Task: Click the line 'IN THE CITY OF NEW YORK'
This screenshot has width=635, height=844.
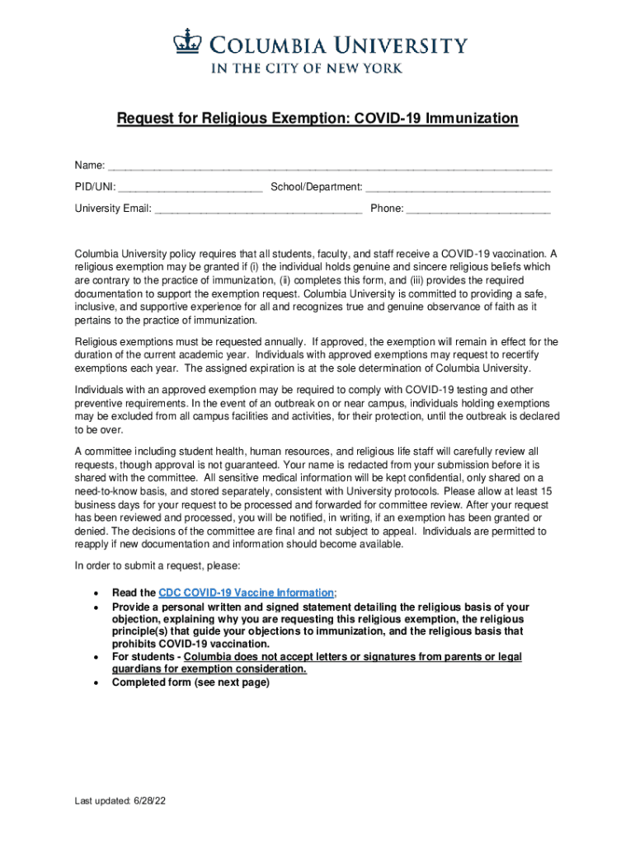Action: (308, 68)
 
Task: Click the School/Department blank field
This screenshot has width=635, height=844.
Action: (458, 189)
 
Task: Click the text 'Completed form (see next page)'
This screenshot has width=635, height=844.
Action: (190, 683)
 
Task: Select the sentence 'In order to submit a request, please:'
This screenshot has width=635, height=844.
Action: (158, 566)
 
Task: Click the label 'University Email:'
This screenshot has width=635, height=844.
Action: (113, 209)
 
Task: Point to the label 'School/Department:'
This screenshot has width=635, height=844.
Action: (317, 188)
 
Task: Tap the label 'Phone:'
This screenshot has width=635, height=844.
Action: (387, 209)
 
